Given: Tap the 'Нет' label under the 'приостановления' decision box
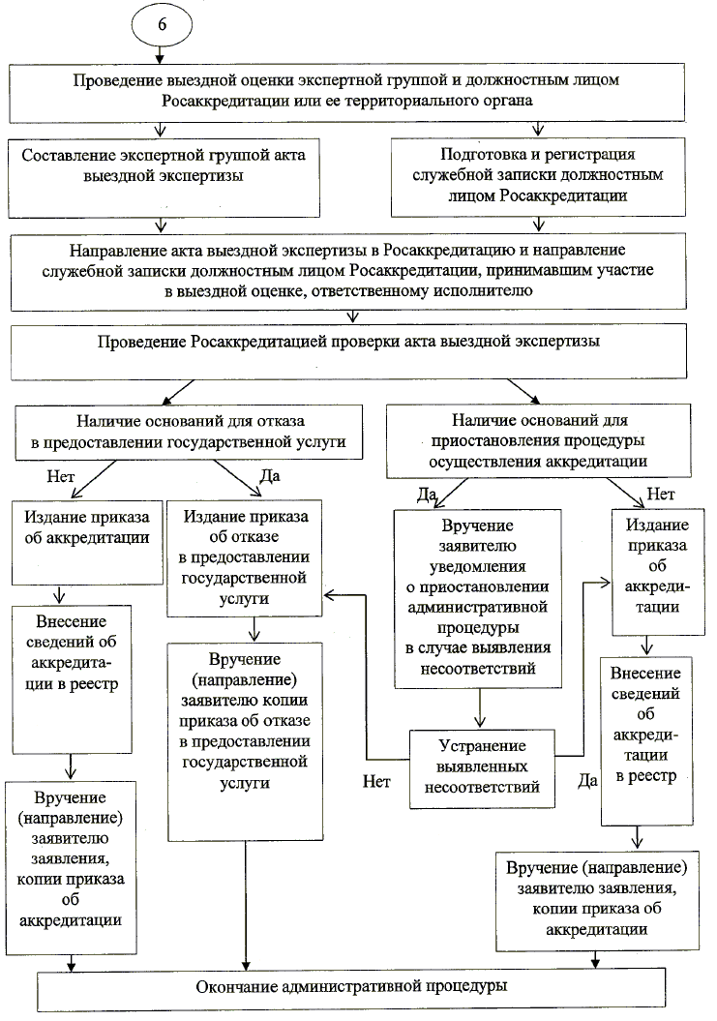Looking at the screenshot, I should [660, 495].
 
